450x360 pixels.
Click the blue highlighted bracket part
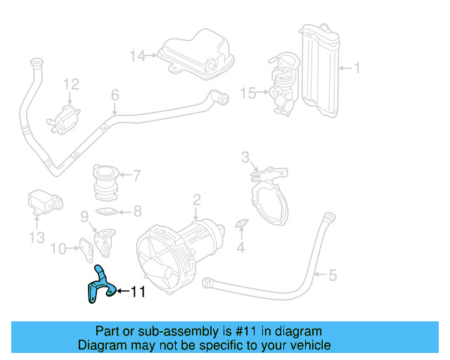[99, 285]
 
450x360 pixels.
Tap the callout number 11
[137, 291]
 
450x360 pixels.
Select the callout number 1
[356, 68]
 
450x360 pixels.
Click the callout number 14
[136, 55]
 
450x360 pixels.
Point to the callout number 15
[248, 92]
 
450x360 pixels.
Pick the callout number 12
[71, 85]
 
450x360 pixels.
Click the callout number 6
[115, 94]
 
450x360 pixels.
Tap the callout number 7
[136, 175]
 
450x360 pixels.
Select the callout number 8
[136, 210]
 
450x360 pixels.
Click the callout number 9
[84, 215]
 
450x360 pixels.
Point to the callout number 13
[37, 238]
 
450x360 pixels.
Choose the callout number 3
[245, 156]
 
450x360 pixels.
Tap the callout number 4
[240, 247]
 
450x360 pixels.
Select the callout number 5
[333, 274]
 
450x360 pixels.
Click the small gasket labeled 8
[105, 211]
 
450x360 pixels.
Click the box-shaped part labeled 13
[41, 200]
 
